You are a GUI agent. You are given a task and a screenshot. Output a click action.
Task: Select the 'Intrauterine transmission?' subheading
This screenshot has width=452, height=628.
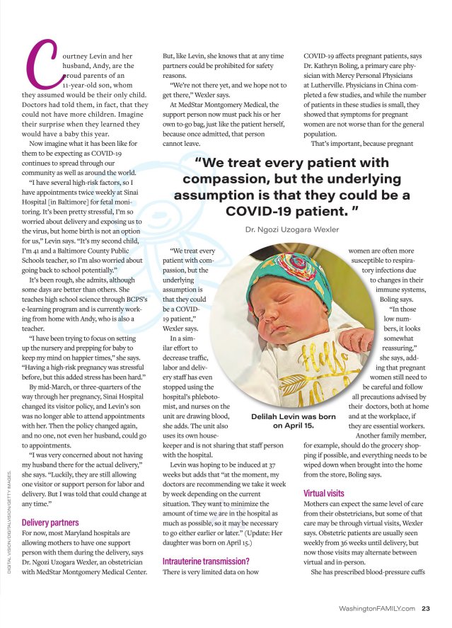205,561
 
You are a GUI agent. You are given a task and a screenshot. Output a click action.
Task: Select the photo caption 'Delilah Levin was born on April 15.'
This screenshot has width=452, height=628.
293,421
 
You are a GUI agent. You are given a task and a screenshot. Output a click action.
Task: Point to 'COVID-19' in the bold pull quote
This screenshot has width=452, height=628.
258,210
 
